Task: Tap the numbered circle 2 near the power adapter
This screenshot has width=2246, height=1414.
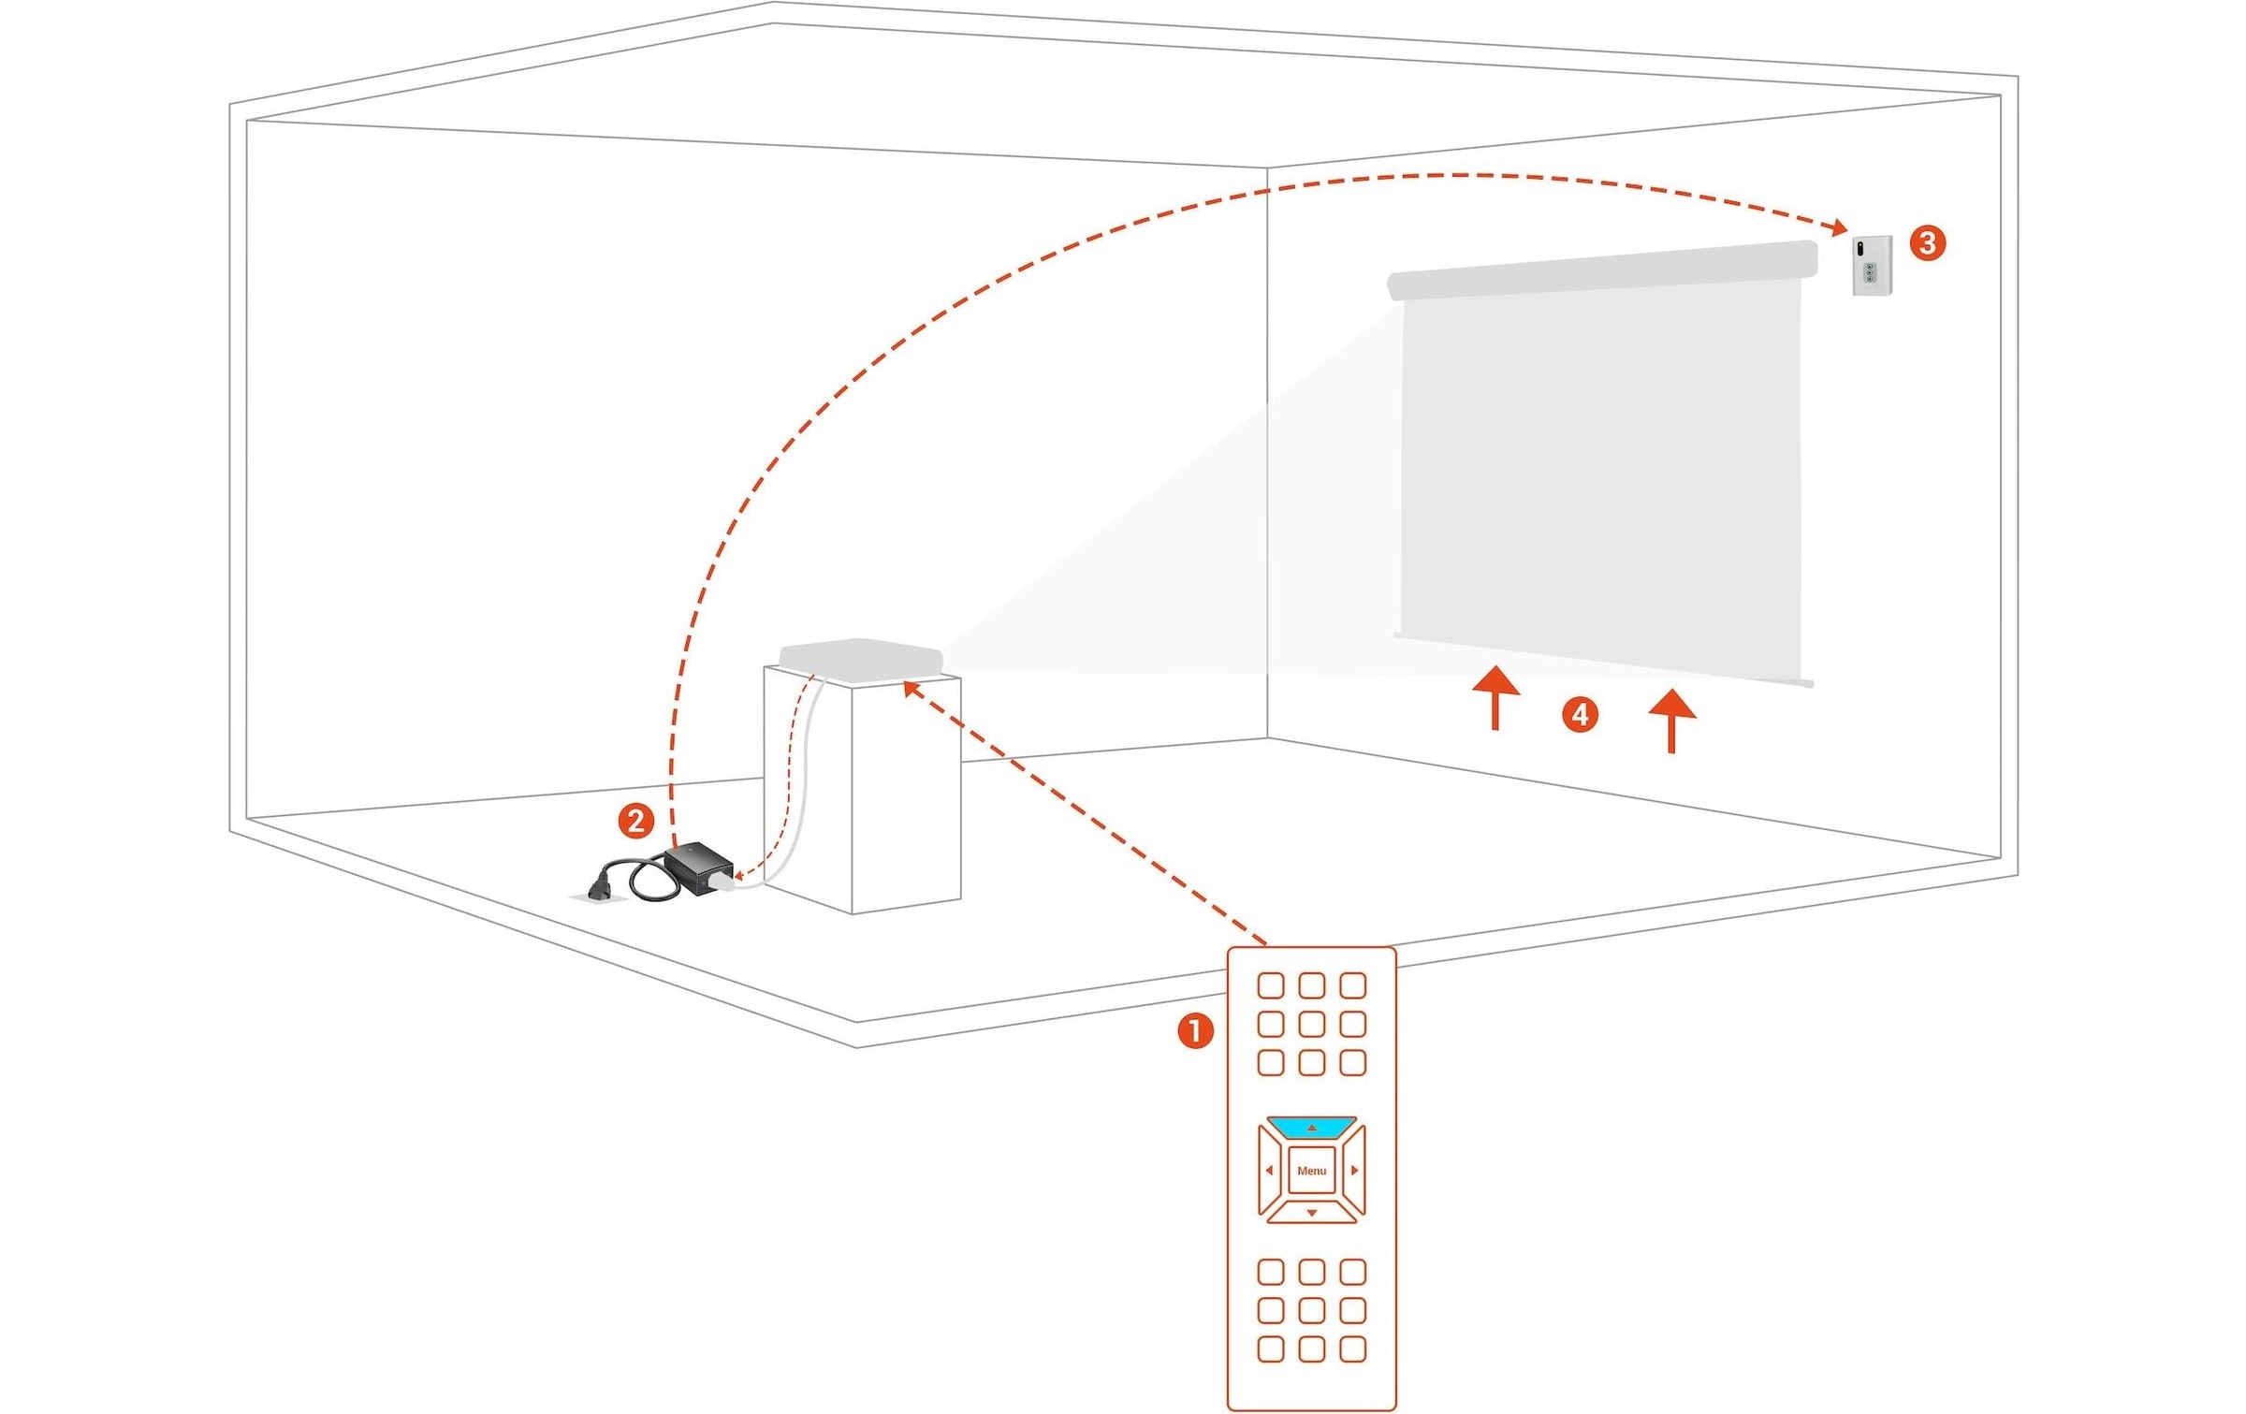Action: click(636, 821)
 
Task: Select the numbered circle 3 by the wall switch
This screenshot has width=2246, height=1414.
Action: click(1927, 243)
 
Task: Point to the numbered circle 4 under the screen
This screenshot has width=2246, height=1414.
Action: click(1580, 715)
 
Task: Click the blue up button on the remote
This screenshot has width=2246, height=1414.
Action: click(1311, 1128)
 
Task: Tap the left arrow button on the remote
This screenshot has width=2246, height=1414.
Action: click(1270, 1171)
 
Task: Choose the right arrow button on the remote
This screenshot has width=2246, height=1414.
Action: click(1353, 1171)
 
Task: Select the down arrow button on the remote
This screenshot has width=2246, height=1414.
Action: click(1311, 1213)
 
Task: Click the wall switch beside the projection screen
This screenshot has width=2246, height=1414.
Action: click(1872, 266)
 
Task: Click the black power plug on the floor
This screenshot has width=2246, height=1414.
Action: click(600, 886)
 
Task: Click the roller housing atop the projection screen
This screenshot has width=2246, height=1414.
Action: click(1602, 269)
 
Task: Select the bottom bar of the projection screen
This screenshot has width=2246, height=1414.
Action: click(1602, 659)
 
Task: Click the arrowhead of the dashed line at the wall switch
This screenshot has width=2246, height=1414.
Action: click(1838, 227)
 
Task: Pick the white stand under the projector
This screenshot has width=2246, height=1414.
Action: click(861, 795)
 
